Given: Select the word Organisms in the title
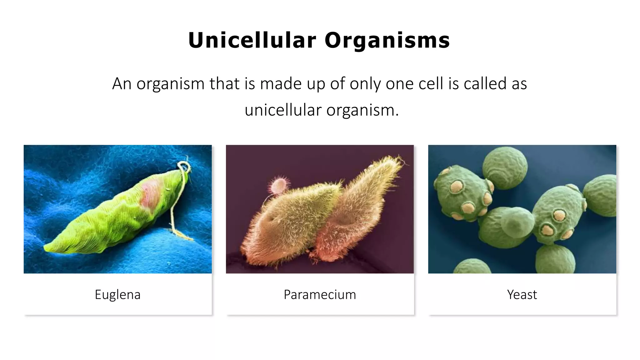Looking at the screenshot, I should (x=387, y=40).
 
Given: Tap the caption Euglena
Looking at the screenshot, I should (x=117, y=294).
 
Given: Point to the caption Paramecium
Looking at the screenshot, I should (x=320, y=294).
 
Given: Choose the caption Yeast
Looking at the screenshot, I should (x=522, y=294).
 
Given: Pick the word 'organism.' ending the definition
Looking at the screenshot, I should (x=363, y=110).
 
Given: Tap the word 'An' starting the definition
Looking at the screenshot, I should (x=122, y=84).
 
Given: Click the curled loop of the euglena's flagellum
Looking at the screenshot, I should (x=184, y=166).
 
